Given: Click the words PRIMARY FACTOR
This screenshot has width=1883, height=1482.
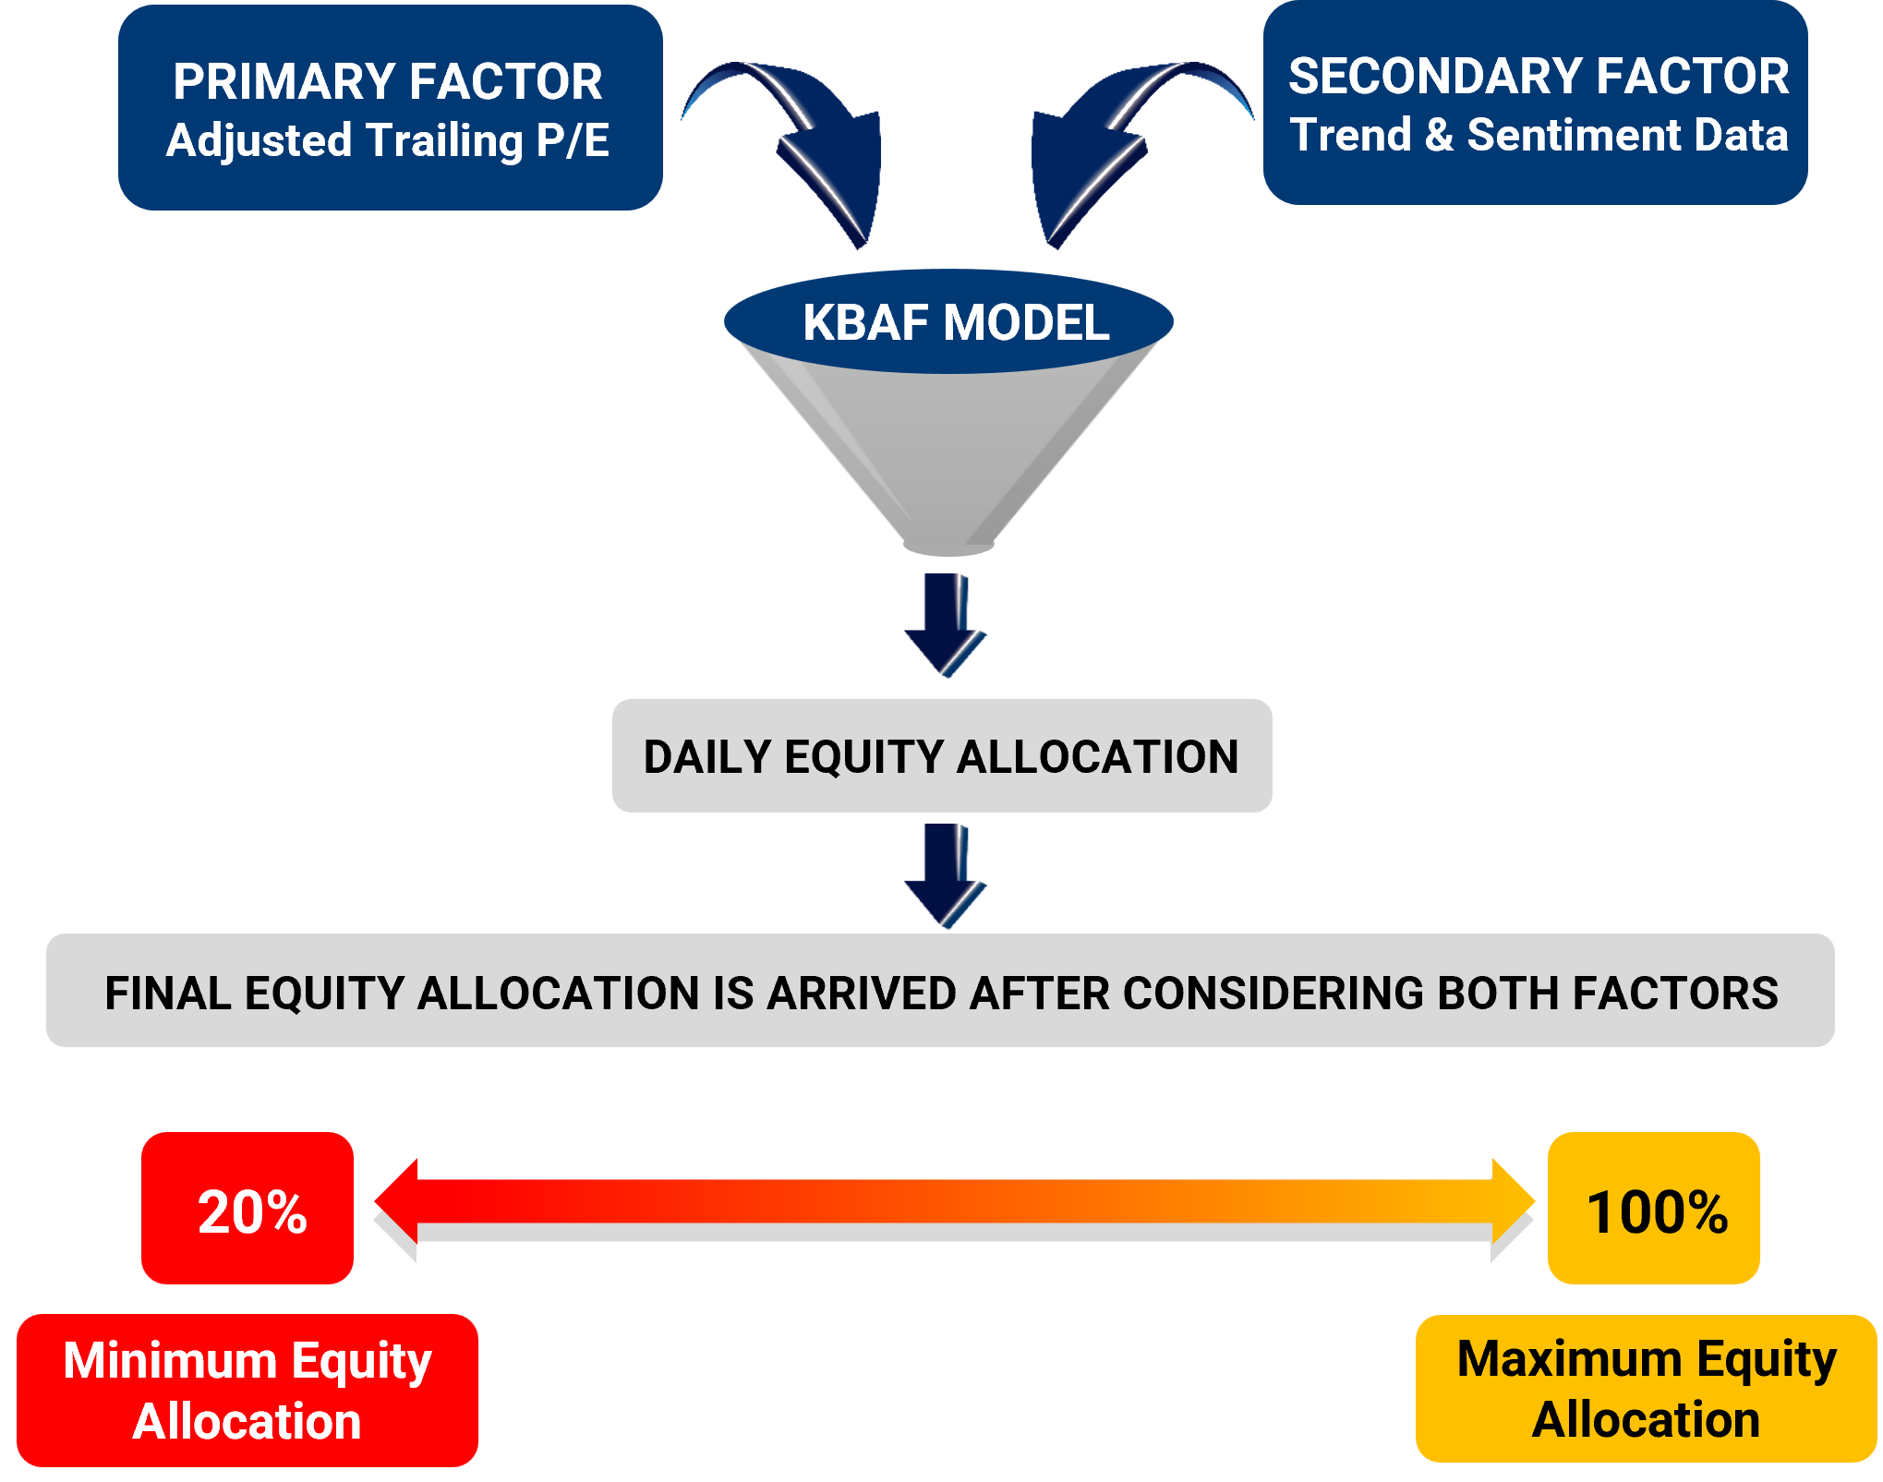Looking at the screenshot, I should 388,81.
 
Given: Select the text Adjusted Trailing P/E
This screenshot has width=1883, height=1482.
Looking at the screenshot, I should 388,141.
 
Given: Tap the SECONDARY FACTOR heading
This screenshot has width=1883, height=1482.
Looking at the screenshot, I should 1538,76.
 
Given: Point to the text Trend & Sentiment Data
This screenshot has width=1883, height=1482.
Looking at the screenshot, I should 1539,135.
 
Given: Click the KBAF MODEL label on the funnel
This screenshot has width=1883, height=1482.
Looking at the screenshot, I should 955,323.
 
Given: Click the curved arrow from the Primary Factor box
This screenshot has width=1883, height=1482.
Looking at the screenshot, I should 813,148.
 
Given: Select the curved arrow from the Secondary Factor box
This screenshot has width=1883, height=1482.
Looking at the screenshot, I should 1099,148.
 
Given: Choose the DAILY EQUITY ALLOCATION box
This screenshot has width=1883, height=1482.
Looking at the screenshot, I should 942,756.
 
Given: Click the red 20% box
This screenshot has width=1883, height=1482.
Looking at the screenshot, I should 248,1209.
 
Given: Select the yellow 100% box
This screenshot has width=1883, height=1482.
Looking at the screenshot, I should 1654,1209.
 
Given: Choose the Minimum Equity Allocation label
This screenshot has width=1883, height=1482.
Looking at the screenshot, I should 247,1390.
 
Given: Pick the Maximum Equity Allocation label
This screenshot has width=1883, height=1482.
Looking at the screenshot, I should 1646,1389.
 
